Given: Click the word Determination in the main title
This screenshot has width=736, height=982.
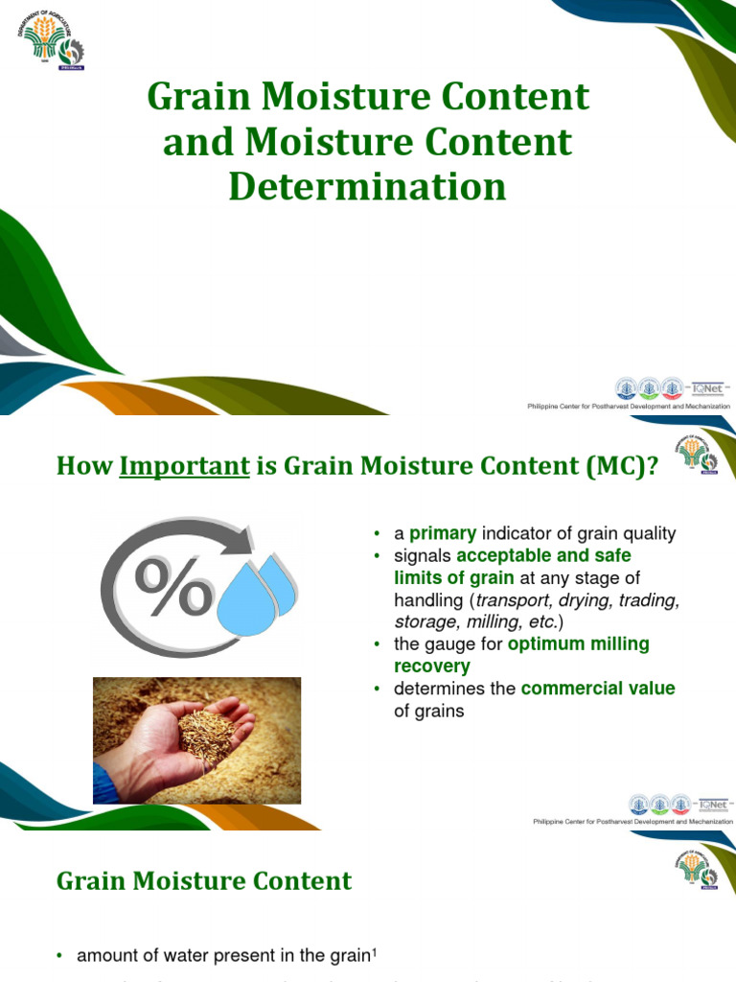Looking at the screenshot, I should (367, 186).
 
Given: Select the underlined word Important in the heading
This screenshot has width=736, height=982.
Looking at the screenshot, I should (184, 466).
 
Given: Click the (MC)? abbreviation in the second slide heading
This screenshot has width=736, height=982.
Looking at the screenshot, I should (623, 466).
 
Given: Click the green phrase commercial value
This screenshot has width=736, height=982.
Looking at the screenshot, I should (598, 689).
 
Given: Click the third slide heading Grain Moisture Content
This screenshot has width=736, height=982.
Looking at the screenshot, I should (204, 881).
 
